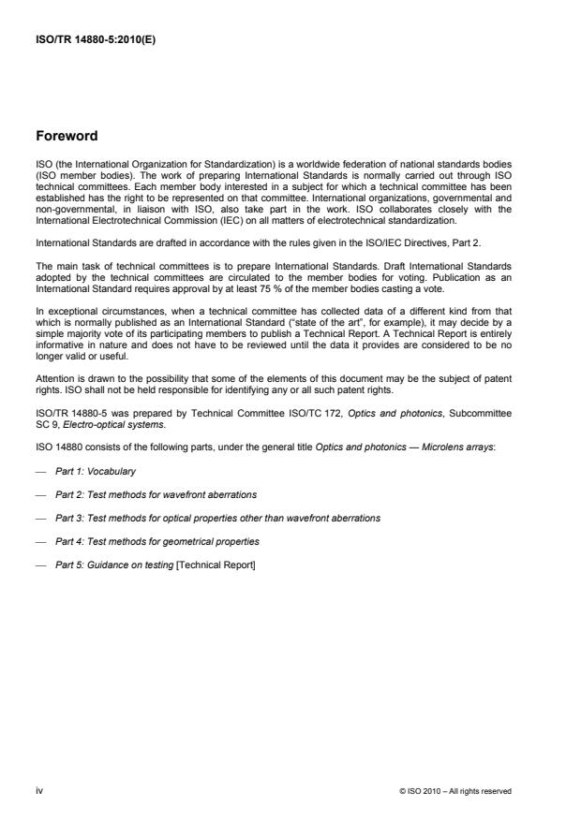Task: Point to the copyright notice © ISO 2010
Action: tap(454, 791)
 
